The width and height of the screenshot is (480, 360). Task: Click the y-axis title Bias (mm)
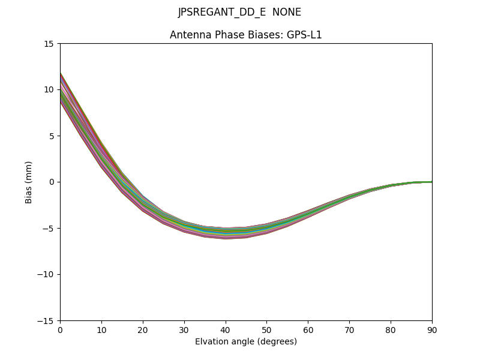[29, 182]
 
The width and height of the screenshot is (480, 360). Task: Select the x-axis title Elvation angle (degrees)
[246, 342]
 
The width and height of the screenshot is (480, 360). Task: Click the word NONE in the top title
[287, 13]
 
